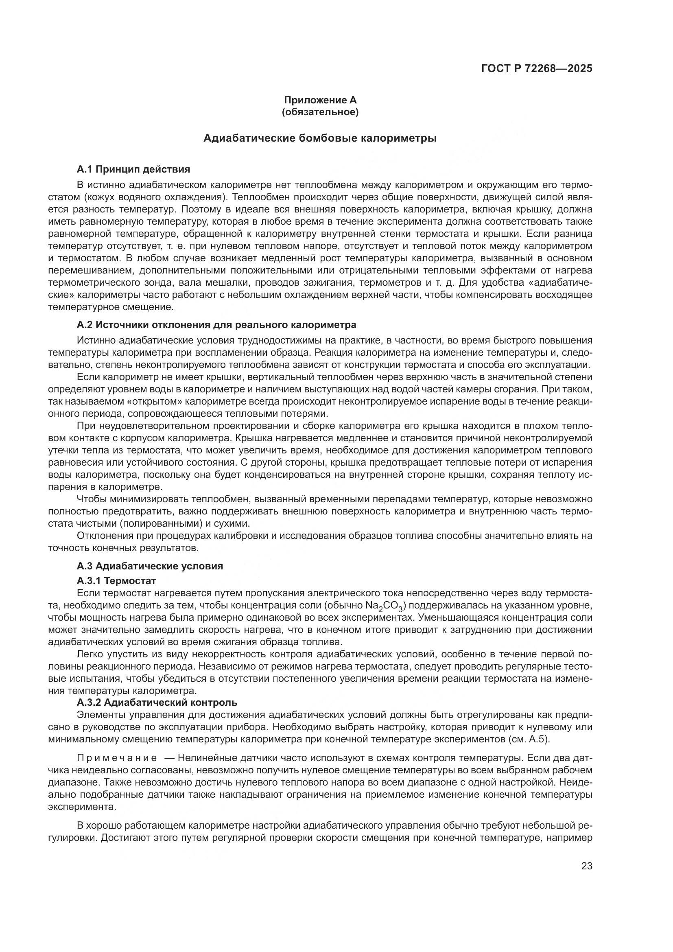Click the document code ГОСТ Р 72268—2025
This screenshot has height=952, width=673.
tap(537, 69)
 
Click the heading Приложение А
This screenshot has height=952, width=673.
tap(320, 100)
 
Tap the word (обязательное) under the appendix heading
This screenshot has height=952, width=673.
tap(320, 112)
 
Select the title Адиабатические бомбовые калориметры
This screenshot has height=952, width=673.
tap(320, 138)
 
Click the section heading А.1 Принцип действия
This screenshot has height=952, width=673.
tap(133, 169)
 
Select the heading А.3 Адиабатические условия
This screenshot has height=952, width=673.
tap(150, 566)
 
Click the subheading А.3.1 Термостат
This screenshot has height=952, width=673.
tap(116, 580)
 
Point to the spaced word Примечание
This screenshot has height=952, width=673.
tap(117, 758)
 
